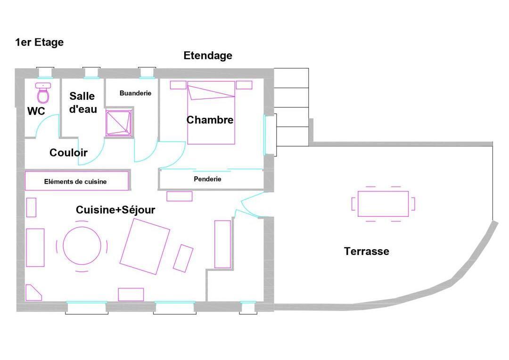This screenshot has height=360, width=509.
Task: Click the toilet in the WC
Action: click(43, 93)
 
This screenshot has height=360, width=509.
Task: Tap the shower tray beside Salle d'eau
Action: click(119, 123)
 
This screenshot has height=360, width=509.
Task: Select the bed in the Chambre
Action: click(211, 113)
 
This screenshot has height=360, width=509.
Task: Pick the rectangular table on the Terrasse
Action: click(383, 204)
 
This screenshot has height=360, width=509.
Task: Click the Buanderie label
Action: click(135, 93)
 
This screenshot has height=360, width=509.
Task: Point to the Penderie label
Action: click(207, 179)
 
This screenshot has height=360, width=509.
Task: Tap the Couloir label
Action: click(68, 153)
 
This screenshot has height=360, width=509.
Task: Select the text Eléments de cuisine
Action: click(75, 182)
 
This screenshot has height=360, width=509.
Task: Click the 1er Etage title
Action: click(39, 42)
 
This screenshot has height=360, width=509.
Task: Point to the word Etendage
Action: click(208, 56)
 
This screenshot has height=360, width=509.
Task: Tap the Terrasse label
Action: click(367, 251)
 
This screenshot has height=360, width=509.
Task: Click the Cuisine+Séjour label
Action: click(115, 210)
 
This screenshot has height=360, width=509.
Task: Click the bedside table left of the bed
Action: click(178, 85)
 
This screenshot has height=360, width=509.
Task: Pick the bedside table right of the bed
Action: click(244, 85)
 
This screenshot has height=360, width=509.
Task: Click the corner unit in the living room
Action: click(34, 293)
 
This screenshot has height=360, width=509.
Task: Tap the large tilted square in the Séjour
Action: click(145, 246)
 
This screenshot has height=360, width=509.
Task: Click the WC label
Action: click(36, 111)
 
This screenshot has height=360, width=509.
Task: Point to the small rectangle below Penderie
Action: click(180, 196)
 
